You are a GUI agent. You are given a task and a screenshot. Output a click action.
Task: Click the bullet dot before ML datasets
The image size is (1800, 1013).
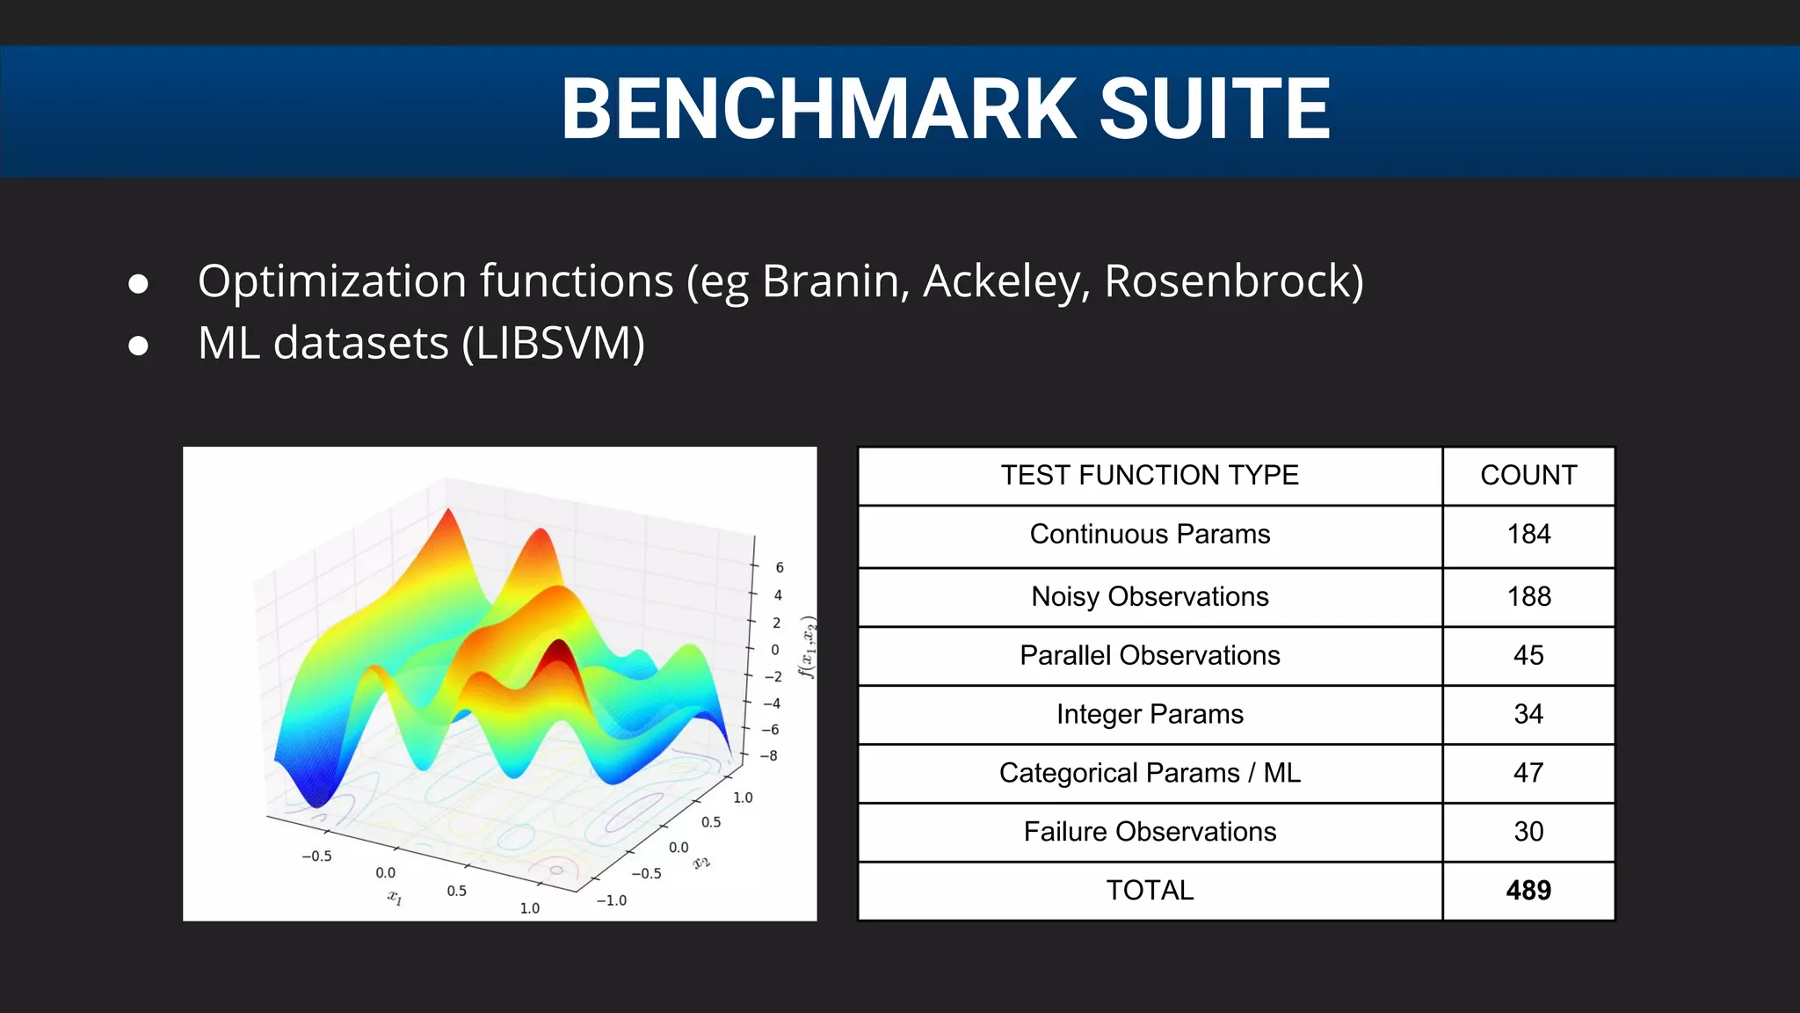coord(138,346)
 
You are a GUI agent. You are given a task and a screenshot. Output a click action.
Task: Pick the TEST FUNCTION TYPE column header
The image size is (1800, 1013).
coord(1150,476)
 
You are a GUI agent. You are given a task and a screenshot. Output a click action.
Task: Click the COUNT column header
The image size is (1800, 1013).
coord(1528,476)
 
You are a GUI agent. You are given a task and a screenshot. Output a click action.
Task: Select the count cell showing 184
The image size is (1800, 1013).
coord(1528,535)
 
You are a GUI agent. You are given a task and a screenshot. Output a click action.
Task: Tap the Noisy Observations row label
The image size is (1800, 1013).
coord(1150,597)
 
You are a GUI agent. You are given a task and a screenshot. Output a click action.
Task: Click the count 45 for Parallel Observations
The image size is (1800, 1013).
coord(1528,656)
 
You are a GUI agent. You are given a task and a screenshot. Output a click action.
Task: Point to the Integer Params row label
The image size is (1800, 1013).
coord(1150,715)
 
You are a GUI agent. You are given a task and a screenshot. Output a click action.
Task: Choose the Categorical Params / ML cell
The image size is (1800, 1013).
coord(1150,774)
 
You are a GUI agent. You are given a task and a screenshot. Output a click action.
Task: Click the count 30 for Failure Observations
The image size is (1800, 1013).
coord(1528,832)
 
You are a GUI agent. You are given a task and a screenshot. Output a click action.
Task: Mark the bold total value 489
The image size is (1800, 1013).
coord(1528,891)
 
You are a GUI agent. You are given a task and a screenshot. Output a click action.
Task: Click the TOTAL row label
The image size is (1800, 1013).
coord(1150,891)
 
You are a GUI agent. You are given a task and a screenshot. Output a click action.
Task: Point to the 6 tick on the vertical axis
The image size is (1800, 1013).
coord(780,568)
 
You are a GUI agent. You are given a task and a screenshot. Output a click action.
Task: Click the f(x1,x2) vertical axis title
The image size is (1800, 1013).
coord(808,648)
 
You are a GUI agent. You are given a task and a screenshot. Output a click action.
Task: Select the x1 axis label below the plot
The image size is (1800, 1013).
coord(396,898)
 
